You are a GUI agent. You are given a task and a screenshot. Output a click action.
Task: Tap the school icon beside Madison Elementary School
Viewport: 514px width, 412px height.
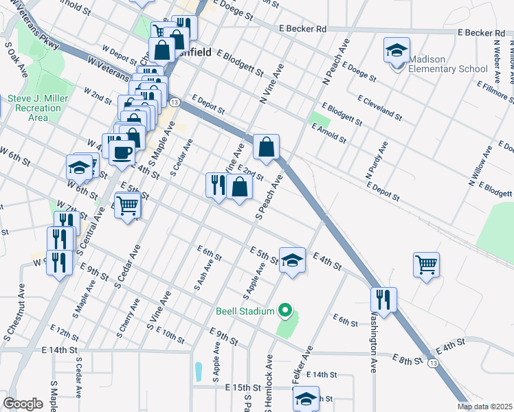[396, 51]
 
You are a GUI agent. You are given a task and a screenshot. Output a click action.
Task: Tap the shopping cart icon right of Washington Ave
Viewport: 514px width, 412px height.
[426, 264]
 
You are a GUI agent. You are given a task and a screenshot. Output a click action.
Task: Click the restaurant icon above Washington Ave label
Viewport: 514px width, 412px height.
[383, 299]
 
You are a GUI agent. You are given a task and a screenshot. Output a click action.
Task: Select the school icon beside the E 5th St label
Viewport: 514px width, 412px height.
[292, 260]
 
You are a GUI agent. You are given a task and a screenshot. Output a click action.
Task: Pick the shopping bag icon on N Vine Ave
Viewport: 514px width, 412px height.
[266, 146]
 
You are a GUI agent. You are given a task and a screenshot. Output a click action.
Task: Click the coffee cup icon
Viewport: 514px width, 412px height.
[122, 152]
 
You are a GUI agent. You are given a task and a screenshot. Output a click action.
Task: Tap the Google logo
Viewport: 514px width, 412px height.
[23, 404]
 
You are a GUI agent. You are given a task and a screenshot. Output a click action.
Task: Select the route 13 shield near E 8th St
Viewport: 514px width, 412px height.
[432, 362]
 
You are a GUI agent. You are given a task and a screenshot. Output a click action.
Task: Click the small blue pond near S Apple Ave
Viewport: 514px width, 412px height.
[199, 371]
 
